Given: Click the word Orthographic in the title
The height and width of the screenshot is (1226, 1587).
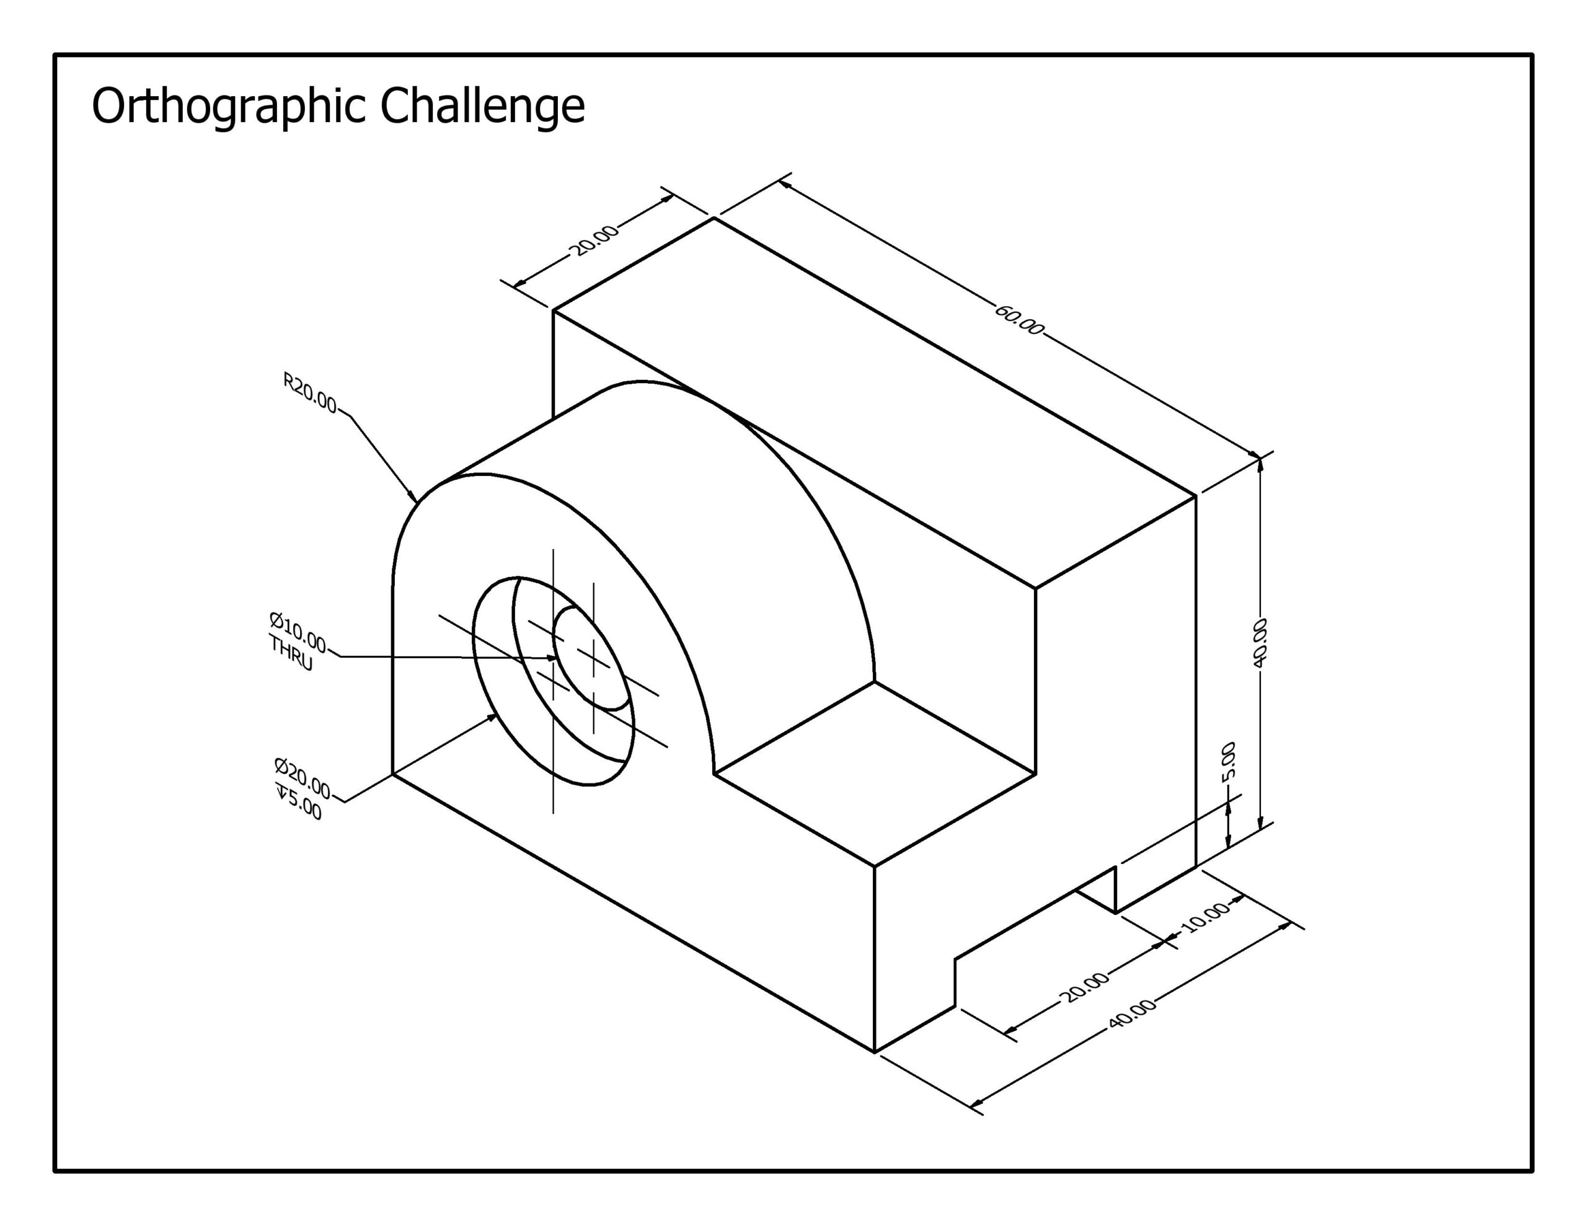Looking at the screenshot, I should (x=229, y=106).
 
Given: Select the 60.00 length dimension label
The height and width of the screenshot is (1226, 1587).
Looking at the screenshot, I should (x=1018, y=320).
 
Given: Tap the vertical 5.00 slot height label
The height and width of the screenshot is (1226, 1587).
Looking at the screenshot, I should (x=1228, y=760).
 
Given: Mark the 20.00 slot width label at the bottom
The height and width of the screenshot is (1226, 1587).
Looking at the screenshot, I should (x=1086, y=987).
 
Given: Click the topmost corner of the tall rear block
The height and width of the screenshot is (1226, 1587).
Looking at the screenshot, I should (x=714, y=218).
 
